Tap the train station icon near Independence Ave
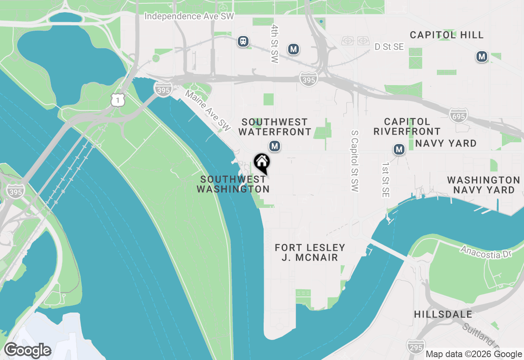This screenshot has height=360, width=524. [x=243, y=41]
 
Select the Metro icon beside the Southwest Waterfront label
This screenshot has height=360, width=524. [x=275, y=146]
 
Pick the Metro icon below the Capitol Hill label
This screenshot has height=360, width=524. [x=482, y=56]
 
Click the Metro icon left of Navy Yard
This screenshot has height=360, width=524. [x=399, y=149]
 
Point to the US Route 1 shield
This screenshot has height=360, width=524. [x=118, y=99]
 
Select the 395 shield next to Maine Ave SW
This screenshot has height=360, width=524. [x=163, y=89]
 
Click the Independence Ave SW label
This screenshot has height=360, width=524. [x=189, y=16]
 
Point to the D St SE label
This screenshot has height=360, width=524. [x=389, y=47]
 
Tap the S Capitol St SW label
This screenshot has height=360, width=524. [x=355, y=161]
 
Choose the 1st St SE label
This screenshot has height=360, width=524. [x=385, y=180]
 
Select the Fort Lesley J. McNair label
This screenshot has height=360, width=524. [x=310, y=252]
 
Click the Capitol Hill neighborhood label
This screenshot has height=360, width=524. [x=447, y=35]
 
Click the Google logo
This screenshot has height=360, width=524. [x=27, y=350]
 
